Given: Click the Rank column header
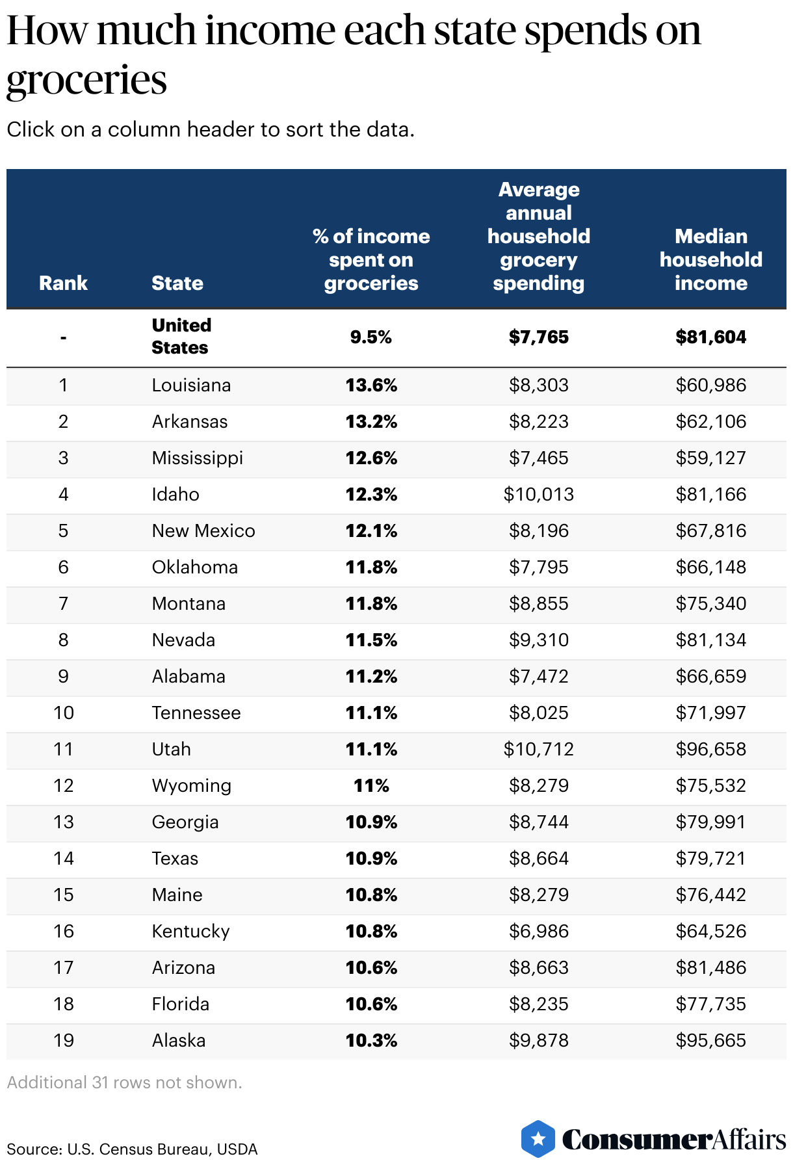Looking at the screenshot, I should tap(63, 283).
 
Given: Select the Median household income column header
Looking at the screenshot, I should tap(710, 259).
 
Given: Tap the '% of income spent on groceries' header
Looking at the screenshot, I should tap(371, 259).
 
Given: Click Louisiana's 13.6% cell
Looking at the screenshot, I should tap(371, 386).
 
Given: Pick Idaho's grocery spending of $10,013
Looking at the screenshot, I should tap(538, 495).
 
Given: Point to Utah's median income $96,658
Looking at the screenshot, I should tap(710, 750).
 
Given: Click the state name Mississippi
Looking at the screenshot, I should tap(197, 458).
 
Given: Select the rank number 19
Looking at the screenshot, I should tap(63, 1041).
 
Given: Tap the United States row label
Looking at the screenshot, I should tap(181, 336).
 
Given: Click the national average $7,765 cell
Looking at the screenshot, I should tap(538, 337).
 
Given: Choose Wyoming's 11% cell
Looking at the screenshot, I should tap(371, 786).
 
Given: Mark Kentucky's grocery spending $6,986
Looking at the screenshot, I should tap(538, 932).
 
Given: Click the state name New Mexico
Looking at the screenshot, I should tap(203, 531).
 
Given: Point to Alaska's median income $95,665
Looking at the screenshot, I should tap(710, 1041).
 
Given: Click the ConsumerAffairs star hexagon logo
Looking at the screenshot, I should tap(538, 1139).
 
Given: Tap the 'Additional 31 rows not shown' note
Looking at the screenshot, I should tap(124, 1082).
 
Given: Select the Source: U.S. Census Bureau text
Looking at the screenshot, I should tap(132, 1149).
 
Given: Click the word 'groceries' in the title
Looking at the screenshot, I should tap(86, 81).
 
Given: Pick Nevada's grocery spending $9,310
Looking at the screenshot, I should tap(538, 640).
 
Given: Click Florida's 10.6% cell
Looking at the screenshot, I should tap(371, 1004).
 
